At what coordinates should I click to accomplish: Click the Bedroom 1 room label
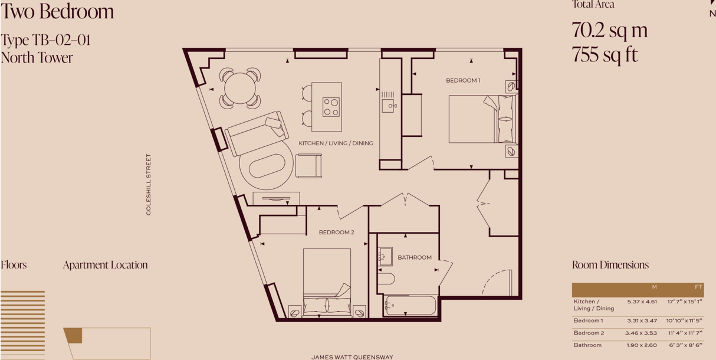tap(463, 80)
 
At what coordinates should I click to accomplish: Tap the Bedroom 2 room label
tap(336, 233)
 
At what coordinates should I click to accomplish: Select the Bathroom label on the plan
tap(414, 257)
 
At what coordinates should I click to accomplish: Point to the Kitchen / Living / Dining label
tap(336, 143)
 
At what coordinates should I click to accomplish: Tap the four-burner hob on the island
tap(331, 107)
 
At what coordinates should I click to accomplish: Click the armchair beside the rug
tap(308, 165)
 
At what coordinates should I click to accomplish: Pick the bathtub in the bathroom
tap(410, 306)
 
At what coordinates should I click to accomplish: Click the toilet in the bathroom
tap(386, 279)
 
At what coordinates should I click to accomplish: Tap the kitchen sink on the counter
tap(388, 106)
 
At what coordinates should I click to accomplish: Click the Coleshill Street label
tap(149, 185)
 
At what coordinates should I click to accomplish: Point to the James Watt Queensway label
tap(352, 357)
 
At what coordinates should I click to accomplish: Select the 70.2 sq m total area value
tap(609, 30)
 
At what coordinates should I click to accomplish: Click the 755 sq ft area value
tap(605, 55)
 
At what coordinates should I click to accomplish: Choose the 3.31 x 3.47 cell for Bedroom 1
tap(642, 320)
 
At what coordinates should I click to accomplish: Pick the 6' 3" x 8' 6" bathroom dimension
tap(685, 345)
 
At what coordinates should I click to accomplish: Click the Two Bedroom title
tap(57, 12)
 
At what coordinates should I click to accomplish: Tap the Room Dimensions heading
tap(610, 265)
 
